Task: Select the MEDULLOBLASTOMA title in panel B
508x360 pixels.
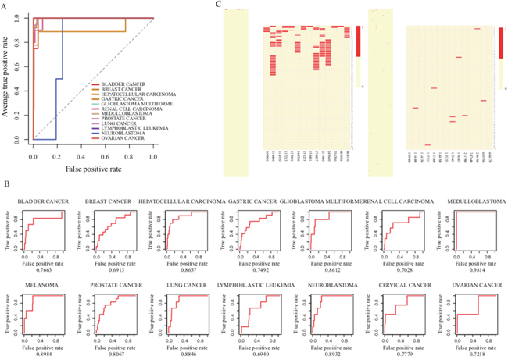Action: point(471,201)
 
